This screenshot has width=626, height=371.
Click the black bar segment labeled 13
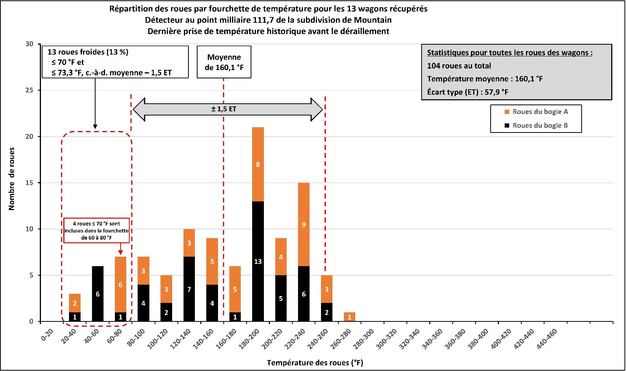click(258, 261)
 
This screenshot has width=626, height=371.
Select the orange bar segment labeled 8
click(258, 164)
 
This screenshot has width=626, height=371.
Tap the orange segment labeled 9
click(304, 224)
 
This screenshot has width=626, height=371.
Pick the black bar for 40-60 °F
click(98, 294)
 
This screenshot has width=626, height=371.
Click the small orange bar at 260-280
click(350, 317)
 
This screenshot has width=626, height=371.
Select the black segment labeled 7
click(189, 289)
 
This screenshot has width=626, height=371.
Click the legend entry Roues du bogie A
click(540, 112)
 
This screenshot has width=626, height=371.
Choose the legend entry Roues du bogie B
click(540, 126)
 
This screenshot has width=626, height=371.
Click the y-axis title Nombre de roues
click(11, 179)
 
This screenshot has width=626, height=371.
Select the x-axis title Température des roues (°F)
click(315, 363)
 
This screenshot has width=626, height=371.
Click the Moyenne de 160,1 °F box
click(224, 62)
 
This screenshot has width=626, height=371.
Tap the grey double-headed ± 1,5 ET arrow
click(228, 109)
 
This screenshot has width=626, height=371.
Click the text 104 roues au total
click(459, 66)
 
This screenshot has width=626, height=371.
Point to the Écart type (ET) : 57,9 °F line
click(468, 92)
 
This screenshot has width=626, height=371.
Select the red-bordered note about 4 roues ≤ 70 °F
click(97, 230)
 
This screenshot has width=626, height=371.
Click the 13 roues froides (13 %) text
click(88, 52)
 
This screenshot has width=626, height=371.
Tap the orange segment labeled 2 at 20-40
click(75, 303)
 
